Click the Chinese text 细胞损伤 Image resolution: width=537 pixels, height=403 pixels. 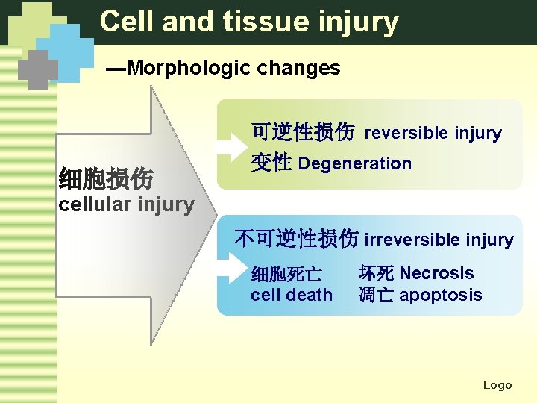point(106,179)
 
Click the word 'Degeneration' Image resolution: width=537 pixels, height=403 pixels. point(354,163)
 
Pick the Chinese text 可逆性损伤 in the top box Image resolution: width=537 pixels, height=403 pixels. point(302,133)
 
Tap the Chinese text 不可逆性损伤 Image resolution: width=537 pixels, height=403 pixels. point(296,239)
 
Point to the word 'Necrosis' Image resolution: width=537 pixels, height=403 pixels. point(436,273)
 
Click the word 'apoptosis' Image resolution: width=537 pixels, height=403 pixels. point(440,295)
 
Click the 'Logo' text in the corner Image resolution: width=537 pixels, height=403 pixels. point(497,385)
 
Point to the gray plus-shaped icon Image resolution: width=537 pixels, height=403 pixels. point(38,69)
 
